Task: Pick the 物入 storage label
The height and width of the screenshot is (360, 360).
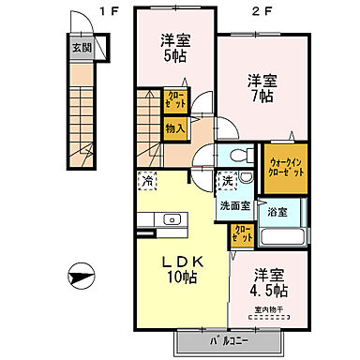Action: point(174,127)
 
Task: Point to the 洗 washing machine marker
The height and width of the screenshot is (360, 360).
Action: point(228,178)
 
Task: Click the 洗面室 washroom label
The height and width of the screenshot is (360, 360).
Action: point(234,205)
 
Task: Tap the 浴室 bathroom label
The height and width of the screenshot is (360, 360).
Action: point(277,213)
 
